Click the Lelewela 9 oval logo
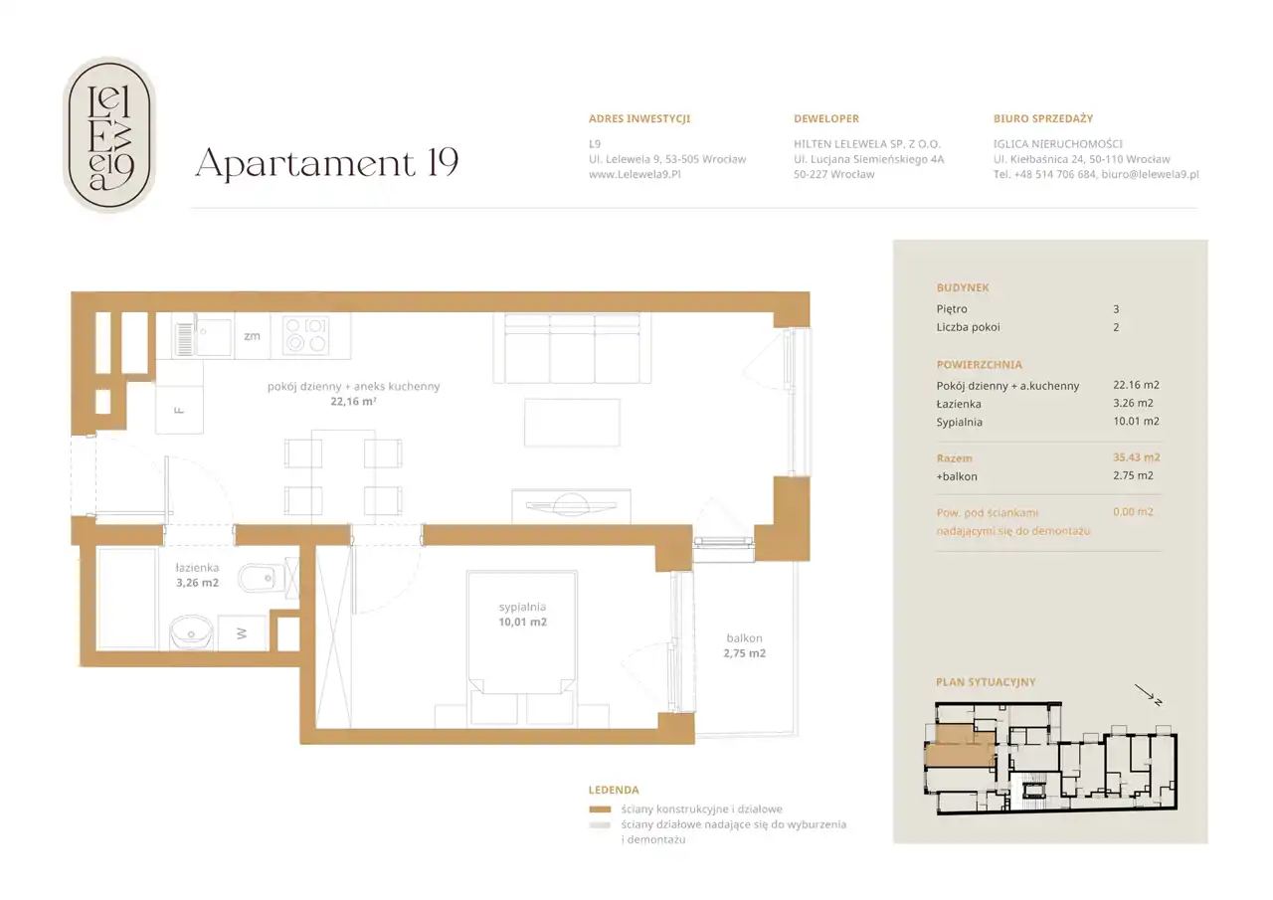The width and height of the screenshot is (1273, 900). click(x=109, y=134)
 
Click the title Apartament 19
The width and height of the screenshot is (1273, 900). click(x=327, y=164)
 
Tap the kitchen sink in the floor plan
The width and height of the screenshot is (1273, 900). click(x=203, y=336)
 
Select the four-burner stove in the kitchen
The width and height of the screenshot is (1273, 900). click(x=306, y=335)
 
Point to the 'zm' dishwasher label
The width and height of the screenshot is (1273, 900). click(x=252, y=336)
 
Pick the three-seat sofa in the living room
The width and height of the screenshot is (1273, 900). click(x=572, y=348)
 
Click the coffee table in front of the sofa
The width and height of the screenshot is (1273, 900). click(x=572, y=423)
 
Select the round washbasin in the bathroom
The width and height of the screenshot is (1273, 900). click(x=192, y=632)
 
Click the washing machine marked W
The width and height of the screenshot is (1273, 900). click(x=243, y=632)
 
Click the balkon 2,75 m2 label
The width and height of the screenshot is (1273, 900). click(x=745, y=645)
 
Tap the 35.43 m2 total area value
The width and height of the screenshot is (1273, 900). click(x=1136, y=457)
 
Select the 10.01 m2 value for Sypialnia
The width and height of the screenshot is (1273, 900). click(x=1136, y=421)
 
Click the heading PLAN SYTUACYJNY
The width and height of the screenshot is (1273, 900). click(x=986, y=682)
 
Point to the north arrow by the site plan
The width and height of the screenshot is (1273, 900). click(x=1148, y=695)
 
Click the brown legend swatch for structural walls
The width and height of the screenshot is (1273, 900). click(x=600, y=810)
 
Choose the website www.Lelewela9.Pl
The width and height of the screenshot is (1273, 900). click(x=635, y=174)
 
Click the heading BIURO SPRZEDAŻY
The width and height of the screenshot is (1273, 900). click(x=1043, y=118)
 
